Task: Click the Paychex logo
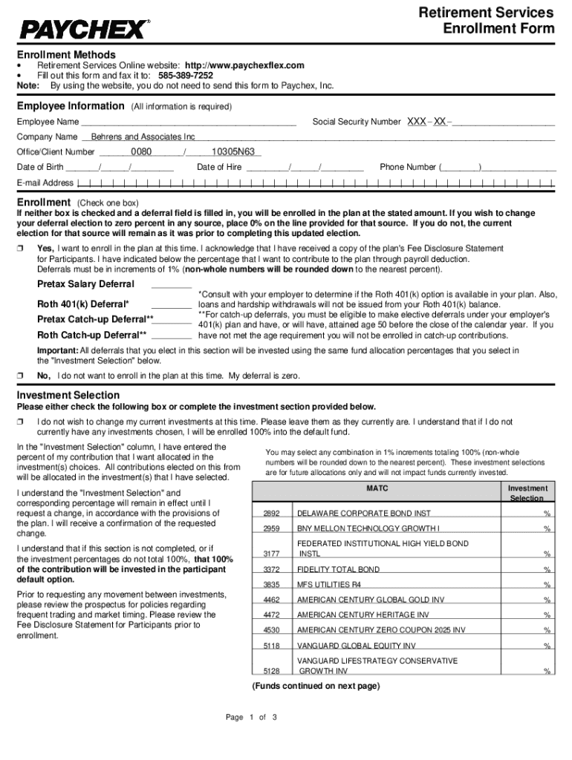click(84, 29)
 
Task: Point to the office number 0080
click(141, 151)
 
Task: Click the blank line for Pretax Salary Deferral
click(172, 285)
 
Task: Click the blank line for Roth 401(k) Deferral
click(172, 304)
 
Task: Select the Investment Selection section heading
click(68, 395)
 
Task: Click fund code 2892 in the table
click(271, 513)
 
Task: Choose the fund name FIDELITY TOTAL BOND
click(338, 569)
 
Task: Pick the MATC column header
click(377, 489)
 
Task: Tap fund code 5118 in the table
click(271, 646)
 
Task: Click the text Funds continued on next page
click(316, 686)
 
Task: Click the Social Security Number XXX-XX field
click(480, 121)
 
